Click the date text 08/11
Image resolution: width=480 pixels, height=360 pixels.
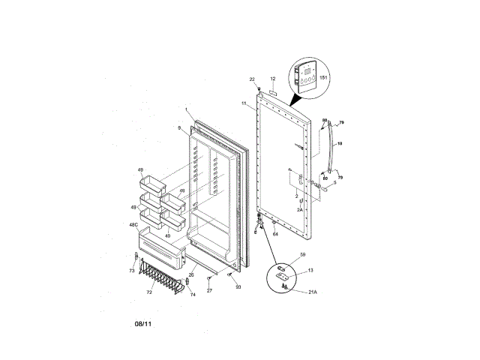(144, 325)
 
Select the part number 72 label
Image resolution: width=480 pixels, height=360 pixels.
(148, 292)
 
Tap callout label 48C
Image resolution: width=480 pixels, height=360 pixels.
(134, 225)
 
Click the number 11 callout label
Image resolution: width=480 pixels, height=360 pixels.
(244, 103)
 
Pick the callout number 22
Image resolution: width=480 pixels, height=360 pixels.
(252, 79)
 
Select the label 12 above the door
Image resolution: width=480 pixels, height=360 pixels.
(273, 79)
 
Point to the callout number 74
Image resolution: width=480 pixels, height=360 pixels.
(192, 295)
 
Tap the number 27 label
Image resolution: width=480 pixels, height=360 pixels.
(209, 290)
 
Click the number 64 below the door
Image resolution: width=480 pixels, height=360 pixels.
(275, 235)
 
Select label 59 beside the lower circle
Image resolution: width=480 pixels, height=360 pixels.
(303, 256)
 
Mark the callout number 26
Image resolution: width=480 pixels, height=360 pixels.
(191, 274)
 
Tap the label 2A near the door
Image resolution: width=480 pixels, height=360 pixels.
(298, 211)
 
